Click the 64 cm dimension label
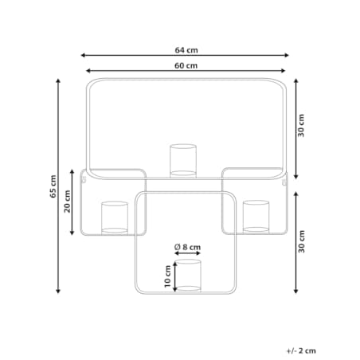[x=186, y=50]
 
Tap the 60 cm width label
[x=186, y=65]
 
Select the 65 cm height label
[x=53, y=186]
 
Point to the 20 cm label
[x=68, y=202]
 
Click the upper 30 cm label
[x=301, y=126]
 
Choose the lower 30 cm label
[x=301, y=241]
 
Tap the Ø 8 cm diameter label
[x=187, y=247]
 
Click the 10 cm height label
[x=167, y=276]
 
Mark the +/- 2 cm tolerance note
[x=301, y=350]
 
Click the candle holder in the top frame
[x=183, y=161]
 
